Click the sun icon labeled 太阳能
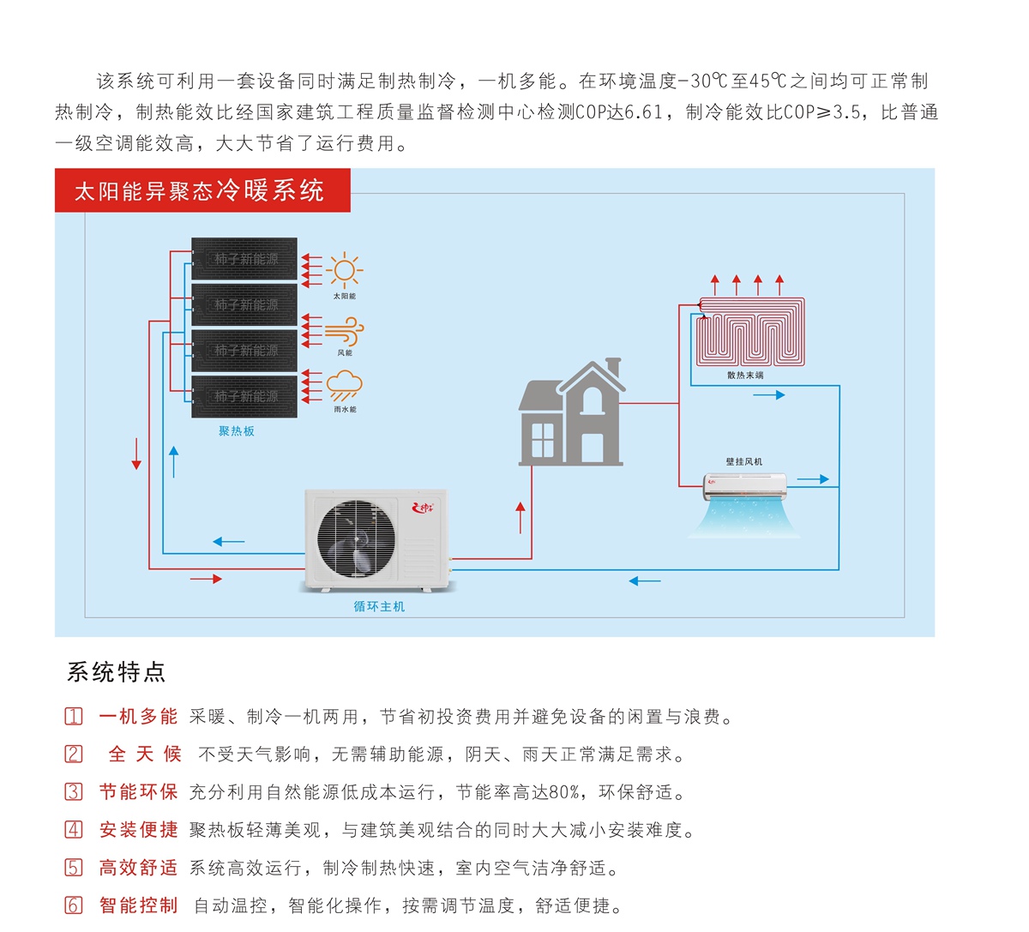pos(344,271)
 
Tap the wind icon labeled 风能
pos(344,331)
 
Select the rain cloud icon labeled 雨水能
pos(344,386)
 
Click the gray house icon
pos(570,416)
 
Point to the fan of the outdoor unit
pos(355,538)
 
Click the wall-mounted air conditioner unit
pos(744,486)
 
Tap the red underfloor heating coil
pos(750,331)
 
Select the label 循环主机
pos(379,606)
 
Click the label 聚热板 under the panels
pos(237,431)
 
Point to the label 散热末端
pos(745,376)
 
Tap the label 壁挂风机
pos(744,461)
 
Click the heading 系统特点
pos(116,671)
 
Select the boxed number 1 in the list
pos(75,717)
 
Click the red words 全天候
pos(144,755)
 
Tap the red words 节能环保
pos(138,792)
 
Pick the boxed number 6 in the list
pos(75,905)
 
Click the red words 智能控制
pos(138,905)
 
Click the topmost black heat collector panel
pos(244,259)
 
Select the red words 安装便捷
pos(138,830)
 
